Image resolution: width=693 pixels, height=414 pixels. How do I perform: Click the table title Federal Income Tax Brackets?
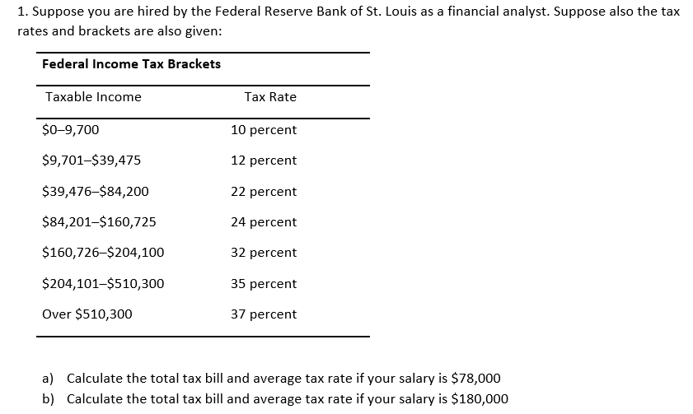(x=131, y=63)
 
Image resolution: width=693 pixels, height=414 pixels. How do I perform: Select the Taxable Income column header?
(x=93, y=97)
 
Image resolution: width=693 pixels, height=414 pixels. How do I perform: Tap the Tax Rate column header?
(x=270, y=97)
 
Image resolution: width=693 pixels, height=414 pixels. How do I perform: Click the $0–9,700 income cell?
(x=71, y=130)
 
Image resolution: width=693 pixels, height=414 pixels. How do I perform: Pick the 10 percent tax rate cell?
(x=264, y=130)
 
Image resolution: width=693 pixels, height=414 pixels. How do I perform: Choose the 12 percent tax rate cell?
(x=264, y=160)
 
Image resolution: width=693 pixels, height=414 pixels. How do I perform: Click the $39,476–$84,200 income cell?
(x=96, y=192)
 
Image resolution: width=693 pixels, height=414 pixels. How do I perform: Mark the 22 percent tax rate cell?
(x=264, y=192)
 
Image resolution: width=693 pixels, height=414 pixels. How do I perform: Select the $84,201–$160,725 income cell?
(x=99, y=222)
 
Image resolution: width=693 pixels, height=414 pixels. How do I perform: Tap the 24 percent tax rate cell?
(x=264, y=222)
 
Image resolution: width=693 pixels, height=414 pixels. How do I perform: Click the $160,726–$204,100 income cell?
(x=103, y=253)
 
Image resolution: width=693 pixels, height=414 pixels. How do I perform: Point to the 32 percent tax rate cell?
(x=264, y=253)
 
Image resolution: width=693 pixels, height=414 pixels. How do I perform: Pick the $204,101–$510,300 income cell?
(x=103, y=284)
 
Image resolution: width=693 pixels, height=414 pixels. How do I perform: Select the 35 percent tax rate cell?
(x=264, y=284)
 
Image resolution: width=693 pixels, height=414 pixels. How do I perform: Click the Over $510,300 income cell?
(x=87, y=314)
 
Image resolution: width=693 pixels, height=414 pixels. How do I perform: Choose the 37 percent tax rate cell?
(x=264, y=314)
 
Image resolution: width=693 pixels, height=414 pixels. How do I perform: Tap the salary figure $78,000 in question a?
(x=476, y=379)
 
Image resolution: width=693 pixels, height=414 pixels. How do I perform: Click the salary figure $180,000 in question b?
(x=480, y=399)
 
